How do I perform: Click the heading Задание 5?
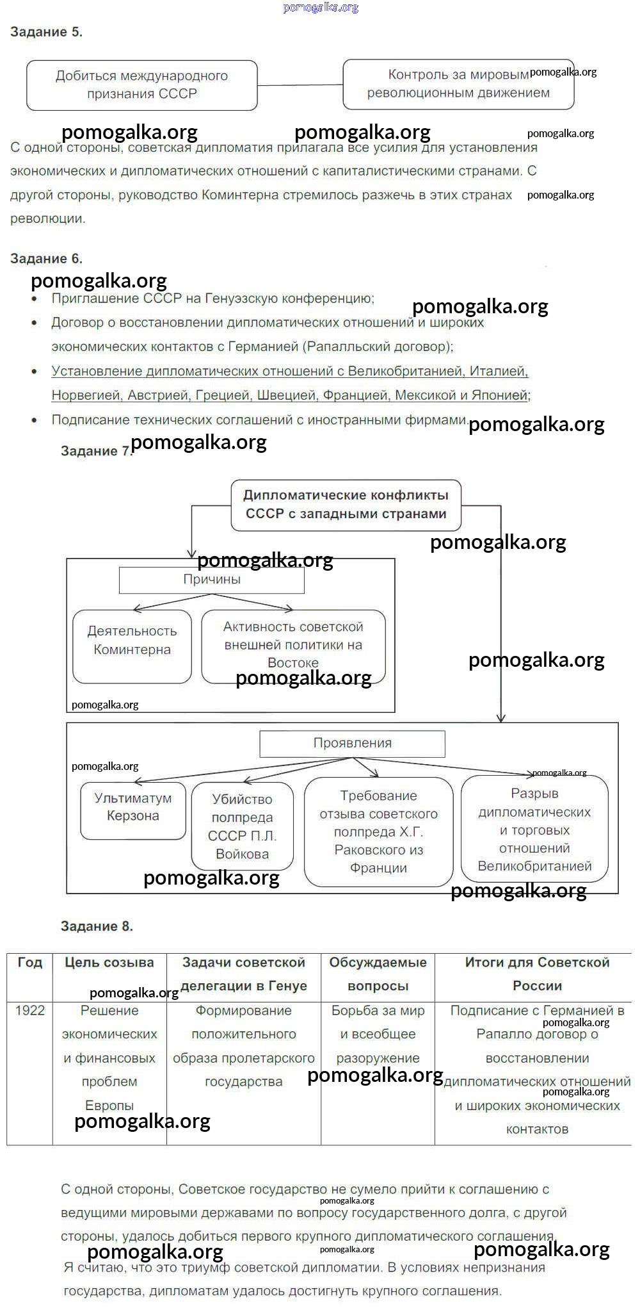point(46,32)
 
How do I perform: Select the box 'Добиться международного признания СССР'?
point(141,85)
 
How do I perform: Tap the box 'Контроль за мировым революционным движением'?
point(458,84)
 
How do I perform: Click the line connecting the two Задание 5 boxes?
point(300,85)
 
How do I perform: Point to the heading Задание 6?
point(46,259)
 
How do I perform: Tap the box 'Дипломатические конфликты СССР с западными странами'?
point(346,505)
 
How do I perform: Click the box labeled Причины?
point(211,580)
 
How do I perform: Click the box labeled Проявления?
point(352,743)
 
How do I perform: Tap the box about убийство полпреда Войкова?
point(242,826)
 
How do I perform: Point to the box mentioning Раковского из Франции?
point(378,831)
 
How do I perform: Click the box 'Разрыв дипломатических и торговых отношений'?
point(534,829)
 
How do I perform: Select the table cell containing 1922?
point(29,1011)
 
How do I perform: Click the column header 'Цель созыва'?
point(109,962)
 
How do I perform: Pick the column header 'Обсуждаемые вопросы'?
point(378,974)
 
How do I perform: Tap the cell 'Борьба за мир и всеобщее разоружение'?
point(378,1034)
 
